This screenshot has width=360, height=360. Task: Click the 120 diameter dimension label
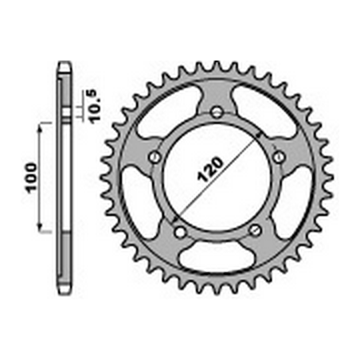pos(209,170)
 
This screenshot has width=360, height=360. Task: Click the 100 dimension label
pos(31,178)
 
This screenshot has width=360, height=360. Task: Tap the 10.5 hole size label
pos(96,107)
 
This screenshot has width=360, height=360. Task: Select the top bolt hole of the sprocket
pos(217,112)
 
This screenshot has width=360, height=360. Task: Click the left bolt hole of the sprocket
pos(155,157)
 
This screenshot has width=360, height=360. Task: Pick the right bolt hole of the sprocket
pos(279,157)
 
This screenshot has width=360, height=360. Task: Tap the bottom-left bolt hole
pos(180,232)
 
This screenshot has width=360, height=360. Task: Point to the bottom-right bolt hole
pos(255,230)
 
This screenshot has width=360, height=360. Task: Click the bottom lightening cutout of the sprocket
pos(217,256)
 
